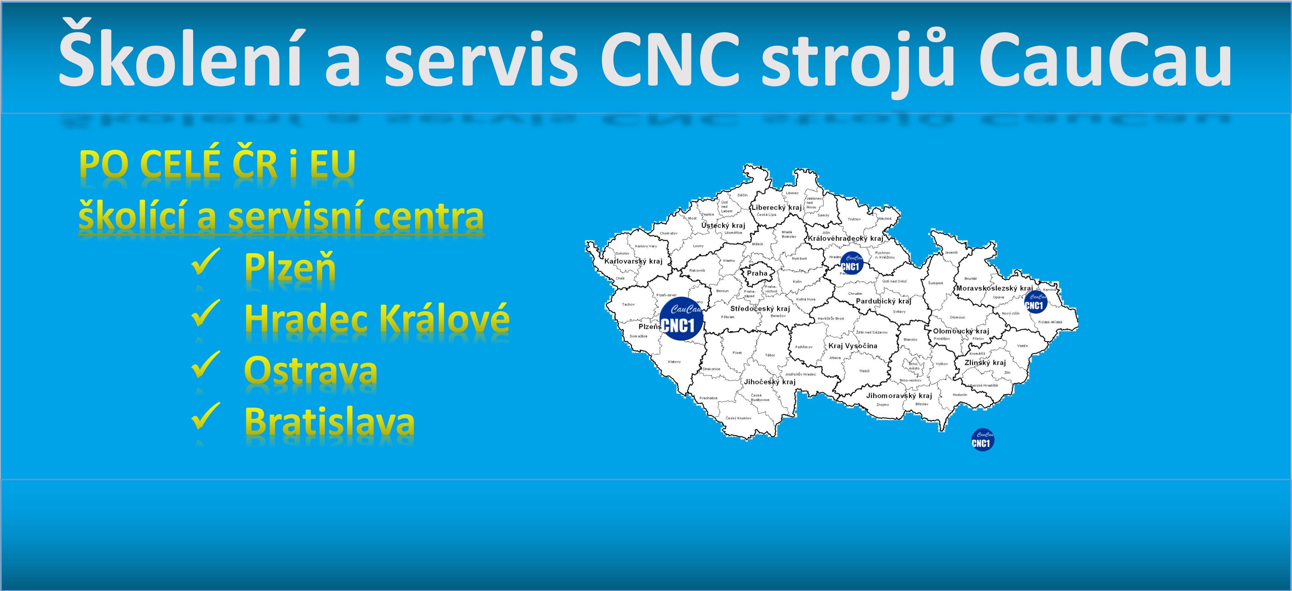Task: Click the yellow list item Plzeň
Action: tap(289, 267)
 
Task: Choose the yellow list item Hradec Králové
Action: tap(377, 319)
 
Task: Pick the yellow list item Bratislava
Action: tap(329, 422)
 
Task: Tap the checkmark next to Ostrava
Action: tap(205, 364)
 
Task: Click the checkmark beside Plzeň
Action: tap(205, 261)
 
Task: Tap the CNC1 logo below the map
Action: tap(983, 440)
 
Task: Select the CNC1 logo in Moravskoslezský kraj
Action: tap(1036, 303)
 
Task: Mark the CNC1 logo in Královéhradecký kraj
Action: tap(851, 263)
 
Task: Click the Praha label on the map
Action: tap(757, 273)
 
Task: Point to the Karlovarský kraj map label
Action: tap(633, 261)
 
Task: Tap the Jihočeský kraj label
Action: tap(769, 382)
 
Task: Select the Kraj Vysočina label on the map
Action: tap(853, 346)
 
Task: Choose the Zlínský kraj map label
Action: tap(985, 363)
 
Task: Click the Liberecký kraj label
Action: tap(776, 208)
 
